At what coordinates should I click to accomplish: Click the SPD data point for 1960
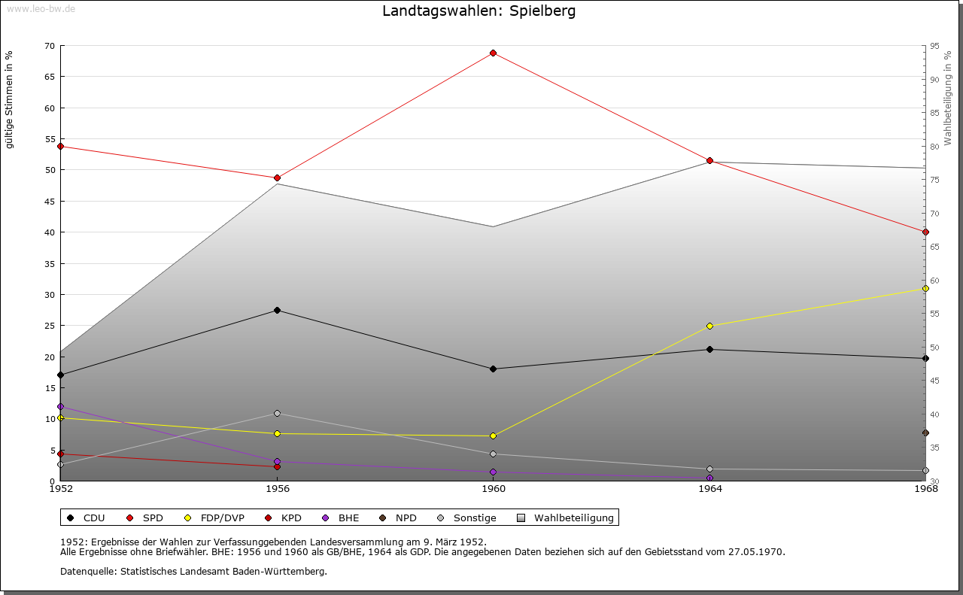[494, 53]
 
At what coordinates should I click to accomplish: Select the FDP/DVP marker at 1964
[709, 326]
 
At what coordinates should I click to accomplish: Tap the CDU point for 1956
[277, 310]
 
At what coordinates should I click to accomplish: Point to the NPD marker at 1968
[925, 433]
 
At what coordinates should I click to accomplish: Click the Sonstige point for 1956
[277, 413]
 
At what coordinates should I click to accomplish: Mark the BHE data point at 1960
[494, 472]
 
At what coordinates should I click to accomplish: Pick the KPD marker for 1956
[277, 466]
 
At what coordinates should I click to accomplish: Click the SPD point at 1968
[925, 232]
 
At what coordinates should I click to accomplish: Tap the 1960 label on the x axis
[494, 489]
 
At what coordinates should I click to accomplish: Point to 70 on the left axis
[50, 46]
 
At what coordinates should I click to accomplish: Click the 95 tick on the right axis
[934, 46]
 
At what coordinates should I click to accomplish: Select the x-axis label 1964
[709, 489]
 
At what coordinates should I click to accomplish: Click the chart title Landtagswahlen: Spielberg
[479, 11]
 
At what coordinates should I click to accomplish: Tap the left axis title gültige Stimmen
[10, 99]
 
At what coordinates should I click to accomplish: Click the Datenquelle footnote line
[193, 571]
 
